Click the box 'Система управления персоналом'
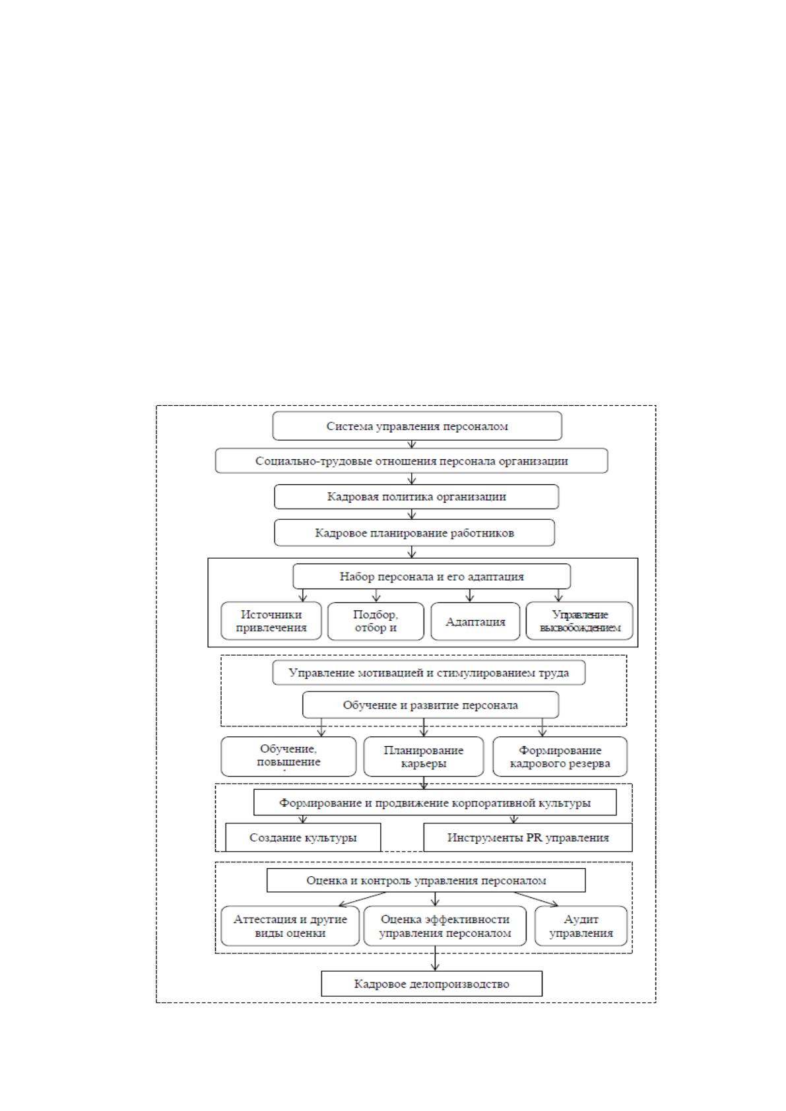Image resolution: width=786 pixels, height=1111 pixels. point(417,426)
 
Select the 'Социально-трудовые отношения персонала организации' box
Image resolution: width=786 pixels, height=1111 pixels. point(411,460)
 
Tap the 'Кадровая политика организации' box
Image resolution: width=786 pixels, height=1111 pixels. point(416,497)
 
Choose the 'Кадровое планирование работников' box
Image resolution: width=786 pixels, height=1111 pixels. point(414,532)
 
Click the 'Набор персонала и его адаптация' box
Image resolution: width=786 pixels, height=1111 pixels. point(432,577)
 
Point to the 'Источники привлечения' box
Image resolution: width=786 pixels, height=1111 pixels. point(271,621)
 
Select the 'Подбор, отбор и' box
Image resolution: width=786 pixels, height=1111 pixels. point(376,621)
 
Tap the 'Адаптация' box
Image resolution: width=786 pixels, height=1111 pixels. point(475,621)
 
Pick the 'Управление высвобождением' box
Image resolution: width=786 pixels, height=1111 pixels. point(579,621)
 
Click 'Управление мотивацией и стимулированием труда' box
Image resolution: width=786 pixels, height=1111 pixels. point(429,672)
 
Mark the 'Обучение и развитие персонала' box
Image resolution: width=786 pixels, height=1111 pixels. point(431,705)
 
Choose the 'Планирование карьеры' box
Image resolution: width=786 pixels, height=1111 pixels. point(423,756)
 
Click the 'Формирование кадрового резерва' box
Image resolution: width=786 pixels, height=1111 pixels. point(560,756)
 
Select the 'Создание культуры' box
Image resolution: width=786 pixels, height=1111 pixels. point(303,837)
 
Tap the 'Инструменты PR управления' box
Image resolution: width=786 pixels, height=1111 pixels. point(528,837)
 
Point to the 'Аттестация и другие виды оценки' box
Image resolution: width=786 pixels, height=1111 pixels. point(290,926)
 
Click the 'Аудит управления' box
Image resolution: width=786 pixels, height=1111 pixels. point(581,926)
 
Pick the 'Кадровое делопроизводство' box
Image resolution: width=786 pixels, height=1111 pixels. point(432,984)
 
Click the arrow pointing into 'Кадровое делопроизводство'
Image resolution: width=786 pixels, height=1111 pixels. point(435,958)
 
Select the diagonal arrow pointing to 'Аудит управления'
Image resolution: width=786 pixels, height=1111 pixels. point(536,899)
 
